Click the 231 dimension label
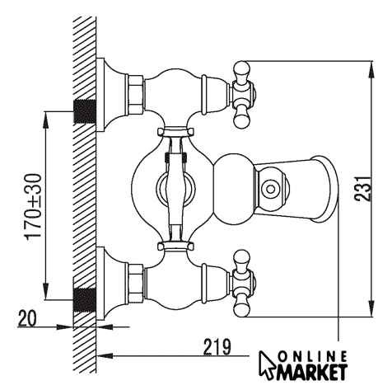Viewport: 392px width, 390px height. [363, 189]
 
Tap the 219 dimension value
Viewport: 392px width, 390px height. [217, 347]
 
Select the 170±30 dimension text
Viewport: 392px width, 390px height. [34, 207]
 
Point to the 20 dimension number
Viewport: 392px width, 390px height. [27, 318]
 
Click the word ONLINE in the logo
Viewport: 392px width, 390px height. [312, 357]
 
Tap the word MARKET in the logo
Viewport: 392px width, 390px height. [311, 373]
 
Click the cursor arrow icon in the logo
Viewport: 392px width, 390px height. [267, 364]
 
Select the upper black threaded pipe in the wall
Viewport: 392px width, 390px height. [85, 111]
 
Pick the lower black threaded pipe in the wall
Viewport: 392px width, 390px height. [85, 299]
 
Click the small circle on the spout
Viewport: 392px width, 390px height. [270, 189]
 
